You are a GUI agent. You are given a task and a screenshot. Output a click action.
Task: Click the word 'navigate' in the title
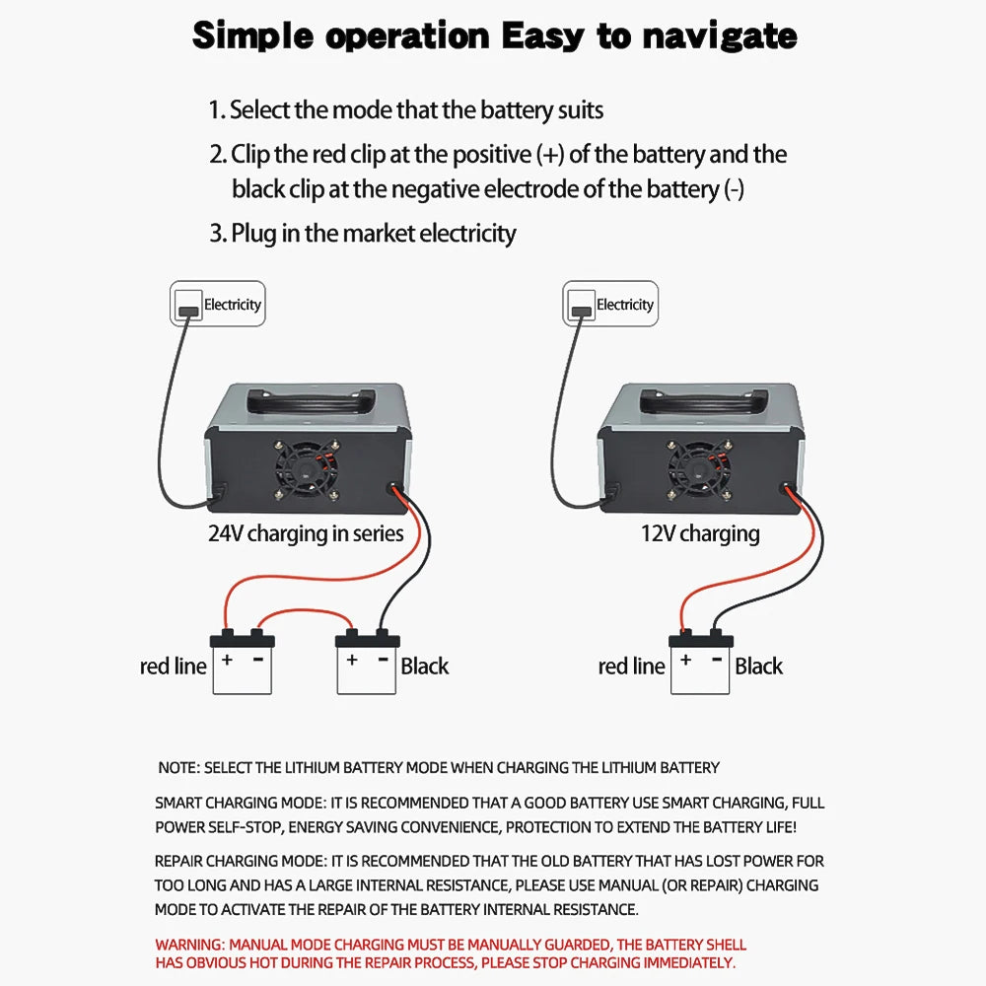pos(719,36)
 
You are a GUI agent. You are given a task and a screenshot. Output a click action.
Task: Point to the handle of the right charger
pos(702,400)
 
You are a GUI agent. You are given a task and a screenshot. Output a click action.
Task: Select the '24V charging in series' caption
pos(306,533)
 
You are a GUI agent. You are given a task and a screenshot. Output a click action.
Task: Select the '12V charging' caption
pos(700,533)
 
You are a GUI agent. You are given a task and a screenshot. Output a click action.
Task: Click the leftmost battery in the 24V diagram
pos(243,665)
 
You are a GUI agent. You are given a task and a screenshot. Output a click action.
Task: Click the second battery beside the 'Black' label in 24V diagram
pos(367,665)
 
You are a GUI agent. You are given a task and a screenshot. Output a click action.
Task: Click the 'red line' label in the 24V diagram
pos(174,667)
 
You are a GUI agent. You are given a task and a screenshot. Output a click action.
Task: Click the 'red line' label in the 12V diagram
pos(631,667)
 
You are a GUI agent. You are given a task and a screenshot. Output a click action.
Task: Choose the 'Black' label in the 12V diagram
pos(758,667)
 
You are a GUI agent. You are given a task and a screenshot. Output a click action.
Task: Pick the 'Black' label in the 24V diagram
pos(425,667)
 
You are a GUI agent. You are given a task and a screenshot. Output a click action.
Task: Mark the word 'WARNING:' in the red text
pos(190,945)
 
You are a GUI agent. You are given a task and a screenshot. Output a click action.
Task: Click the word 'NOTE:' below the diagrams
pos(178,767)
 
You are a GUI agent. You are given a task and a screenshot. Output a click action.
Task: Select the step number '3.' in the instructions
pos(217,234)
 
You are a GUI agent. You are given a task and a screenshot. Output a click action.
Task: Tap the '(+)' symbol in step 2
pos(552,155)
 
